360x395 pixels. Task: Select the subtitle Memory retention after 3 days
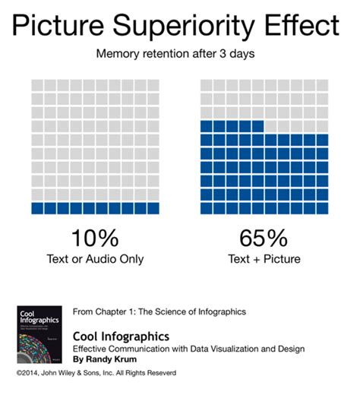[180, 55]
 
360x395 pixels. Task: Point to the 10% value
[95, 239]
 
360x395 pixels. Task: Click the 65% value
[265, 239]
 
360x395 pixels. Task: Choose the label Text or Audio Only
[95, 260]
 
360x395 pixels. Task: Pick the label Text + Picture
[265, 260]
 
